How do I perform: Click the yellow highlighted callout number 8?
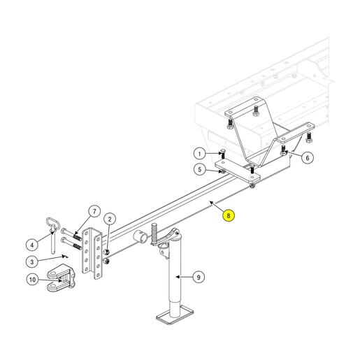[x=229, y=215]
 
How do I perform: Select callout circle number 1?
[x=199, y=154]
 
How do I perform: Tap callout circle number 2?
[x=110, y=219]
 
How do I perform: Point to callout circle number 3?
[x=32, y=261]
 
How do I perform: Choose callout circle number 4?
[x=32, y=245]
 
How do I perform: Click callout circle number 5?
[x=200, y=169]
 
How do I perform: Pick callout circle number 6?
[x=308, y=158]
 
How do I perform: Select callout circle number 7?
[x=94, y=212]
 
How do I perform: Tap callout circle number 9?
[x=199, y=278]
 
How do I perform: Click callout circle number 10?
[x=32, y=280]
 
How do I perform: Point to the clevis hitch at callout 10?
[x=61, y=278]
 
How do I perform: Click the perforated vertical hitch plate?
[x=92, y=253]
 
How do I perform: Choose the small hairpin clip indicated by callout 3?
[x=65, y=257]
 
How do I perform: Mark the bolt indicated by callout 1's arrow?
[x=223, y=154]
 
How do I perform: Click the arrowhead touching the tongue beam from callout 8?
[x=211, y=202]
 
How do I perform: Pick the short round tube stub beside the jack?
[x=141, y=237]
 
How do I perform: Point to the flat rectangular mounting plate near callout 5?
[x=238, y=171]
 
